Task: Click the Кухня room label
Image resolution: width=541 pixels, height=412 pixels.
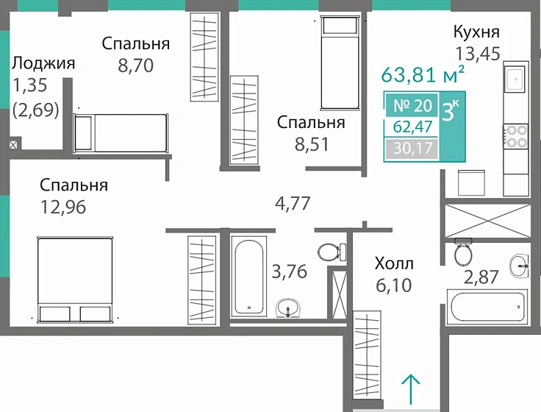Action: click(x=476, y=32)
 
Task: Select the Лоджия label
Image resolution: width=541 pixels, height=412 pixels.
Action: click(x=43, y=63)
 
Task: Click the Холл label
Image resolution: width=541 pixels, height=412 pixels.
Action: click(x=394, y=263)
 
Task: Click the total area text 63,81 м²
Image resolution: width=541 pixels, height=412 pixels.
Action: click(x=422, y=75)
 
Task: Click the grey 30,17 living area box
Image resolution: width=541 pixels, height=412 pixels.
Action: click(x=411, y=150)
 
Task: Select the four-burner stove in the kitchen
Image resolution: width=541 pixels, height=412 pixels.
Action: click(x=515, y=136)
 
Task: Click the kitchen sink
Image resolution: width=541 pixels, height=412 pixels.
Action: click(x=515, y=78)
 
